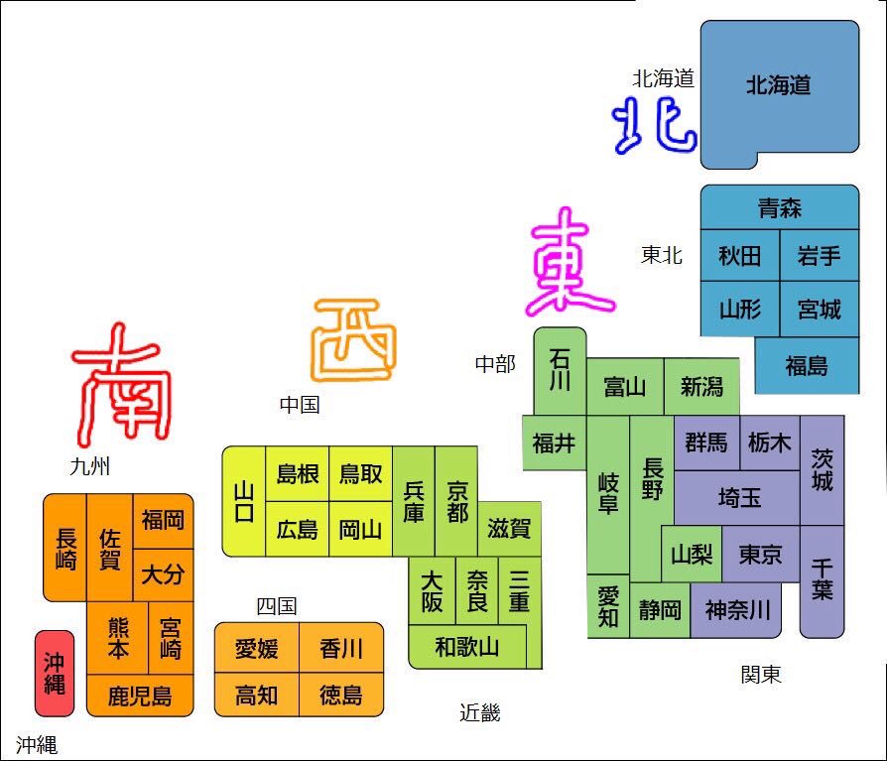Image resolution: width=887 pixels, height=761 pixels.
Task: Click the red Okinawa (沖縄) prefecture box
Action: (55, 673)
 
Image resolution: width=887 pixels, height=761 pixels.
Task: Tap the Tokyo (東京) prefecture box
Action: (760, 554)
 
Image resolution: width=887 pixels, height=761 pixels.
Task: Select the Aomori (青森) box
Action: (779, 208)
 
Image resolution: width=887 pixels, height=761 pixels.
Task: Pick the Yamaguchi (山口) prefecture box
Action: (243, 501)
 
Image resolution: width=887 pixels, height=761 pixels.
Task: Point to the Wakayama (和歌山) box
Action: (466, 648)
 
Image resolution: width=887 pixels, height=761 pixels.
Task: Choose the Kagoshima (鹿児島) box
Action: (140, 696)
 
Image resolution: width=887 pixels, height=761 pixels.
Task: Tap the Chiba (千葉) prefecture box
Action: (822, 580)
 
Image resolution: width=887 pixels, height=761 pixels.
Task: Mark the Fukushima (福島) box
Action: (806, 365)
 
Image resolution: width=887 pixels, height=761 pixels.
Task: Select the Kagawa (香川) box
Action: (340, 649)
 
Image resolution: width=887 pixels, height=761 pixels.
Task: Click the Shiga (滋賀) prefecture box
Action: (509, 528)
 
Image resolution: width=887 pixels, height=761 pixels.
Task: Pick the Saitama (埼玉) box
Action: (738, 497)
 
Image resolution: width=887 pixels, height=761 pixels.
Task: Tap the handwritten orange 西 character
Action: (354, 340)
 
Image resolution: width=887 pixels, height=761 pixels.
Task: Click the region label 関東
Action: (761, 675)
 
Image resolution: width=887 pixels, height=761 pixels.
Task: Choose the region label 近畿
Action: (480, 712)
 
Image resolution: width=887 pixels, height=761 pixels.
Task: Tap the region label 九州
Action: (90, 466)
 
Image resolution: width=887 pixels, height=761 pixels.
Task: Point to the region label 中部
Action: (495, 364)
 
